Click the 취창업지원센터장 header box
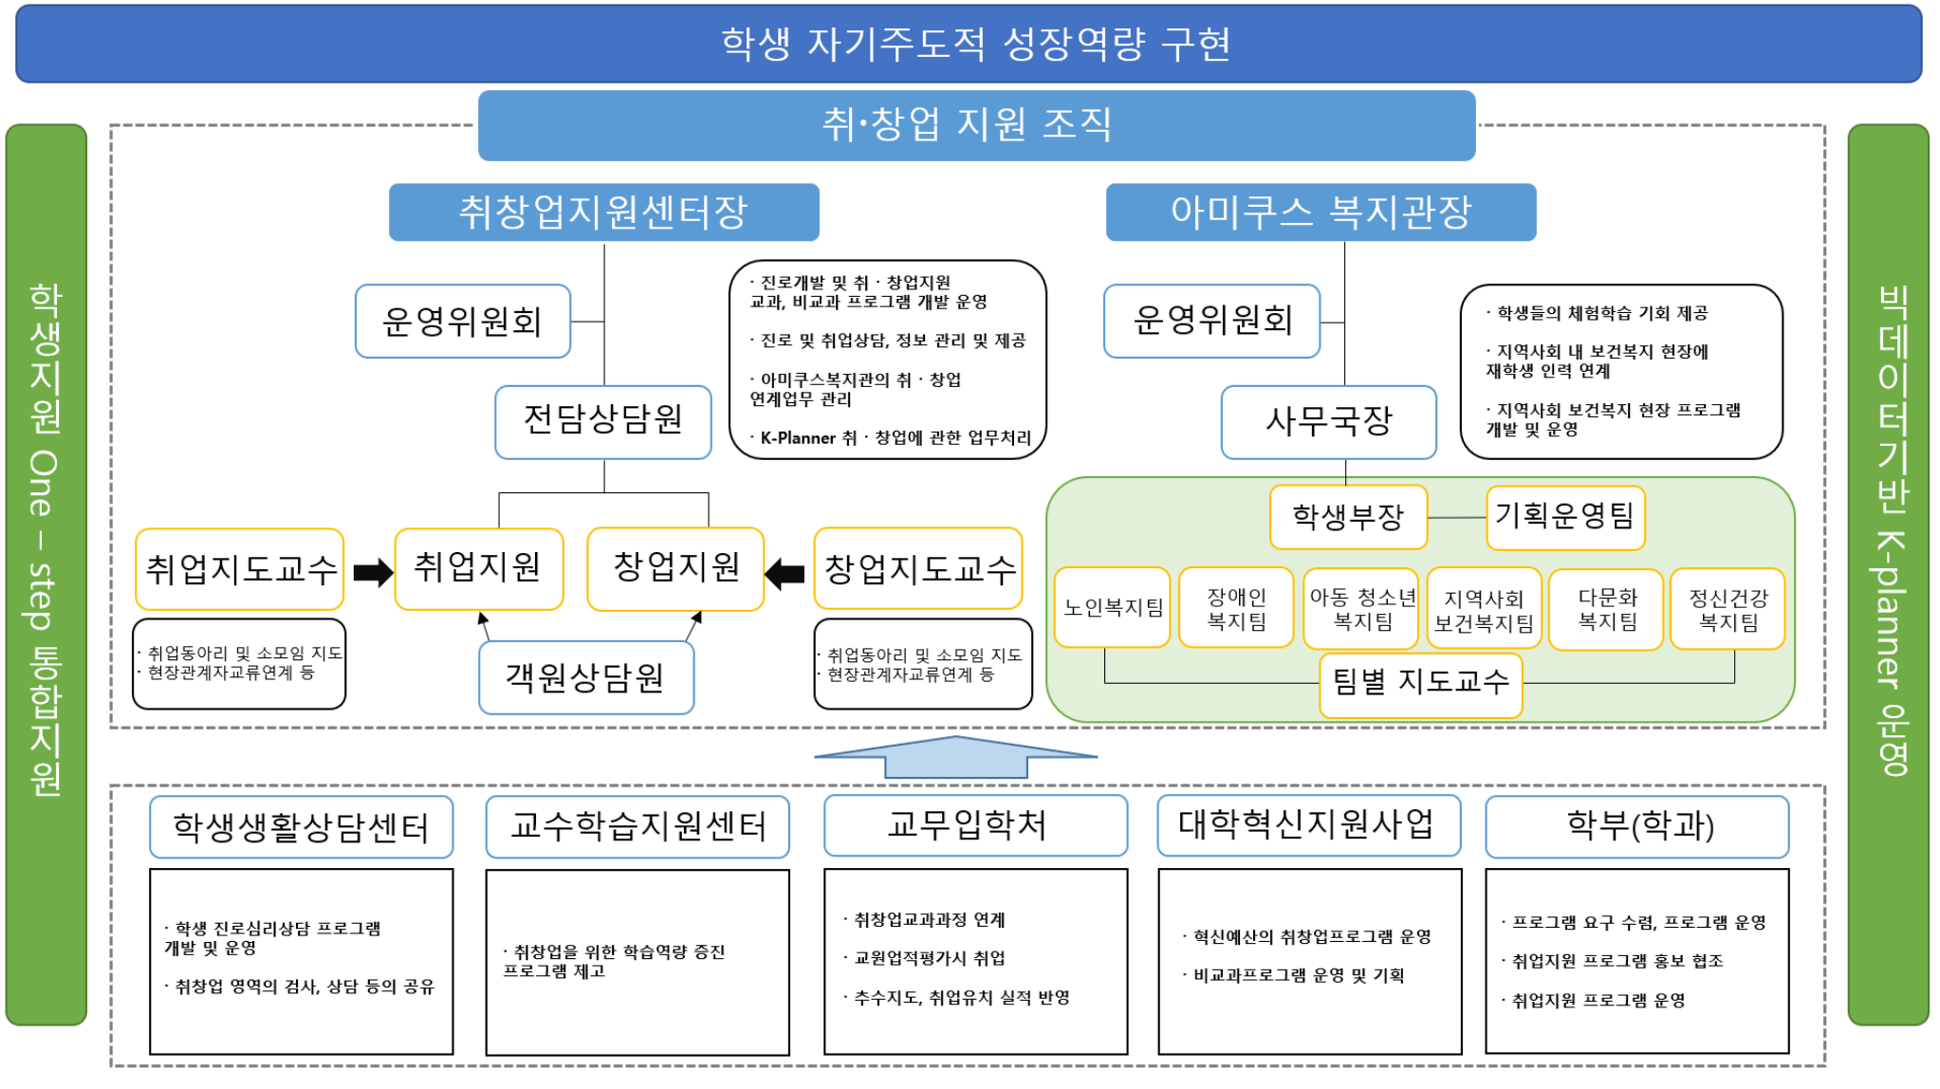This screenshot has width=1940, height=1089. (x=603, y=212)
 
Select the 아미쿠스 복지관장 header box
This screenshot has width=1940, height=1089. (x=1321, y=212)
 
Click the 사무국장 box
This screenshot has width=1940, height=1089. (x=1328, y=421)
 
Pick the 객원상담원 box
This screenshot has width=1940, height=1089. (x=585, y=677)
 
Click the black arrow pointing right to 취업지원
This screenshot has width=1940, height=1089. (x=372, y=572)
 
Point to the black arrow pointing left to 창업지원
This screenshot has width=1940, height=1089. (x=785, y=573)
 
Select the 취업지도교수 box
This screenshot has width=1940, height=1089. (x=240, y=569)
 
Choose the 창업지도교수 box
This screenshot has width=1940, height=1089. (x=918, y=568)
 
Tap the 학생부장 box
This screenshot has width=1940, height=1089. (x=1348, y=517)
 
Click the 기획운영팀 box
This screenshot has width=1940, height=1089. (x=1565, y=517)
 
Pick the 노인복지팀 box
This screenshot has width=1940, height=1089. (x=1112, y=607)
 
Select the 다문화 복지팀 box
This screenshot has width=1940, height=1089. (x=1606, y=609)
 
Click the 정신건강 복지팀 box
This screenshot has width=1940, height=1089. (x=1728, y=609)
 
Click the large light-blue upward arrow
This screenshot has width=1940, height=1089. (x=956, y=757)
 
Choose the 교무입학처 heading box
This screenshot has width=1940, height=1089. (x=975, y=825)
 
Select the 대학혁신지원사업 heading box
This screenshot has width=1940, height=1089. (x=1308, y=825)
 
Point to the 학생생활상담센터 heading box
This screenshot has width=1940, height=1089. (x=301, y=827)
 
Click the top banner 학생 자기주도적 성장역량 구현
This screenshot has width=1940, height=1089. (x=969, y=44)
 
